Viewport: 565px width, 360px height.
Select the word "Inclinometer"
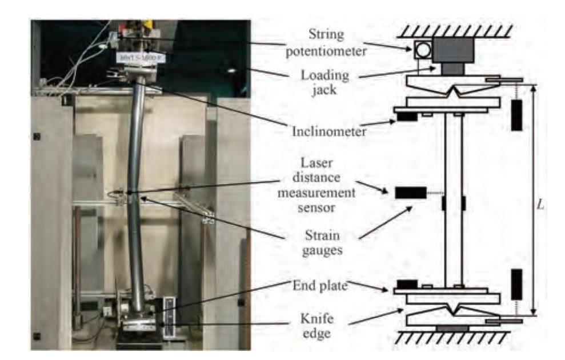[326, 131]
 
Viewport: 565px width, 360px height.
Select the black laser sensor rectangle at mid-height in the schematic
[410, 193]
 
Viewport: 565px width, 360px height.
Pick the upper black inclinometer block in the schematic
[406, 117]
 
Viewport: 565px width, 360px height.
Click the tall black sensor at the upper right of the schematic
[516, 115]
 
